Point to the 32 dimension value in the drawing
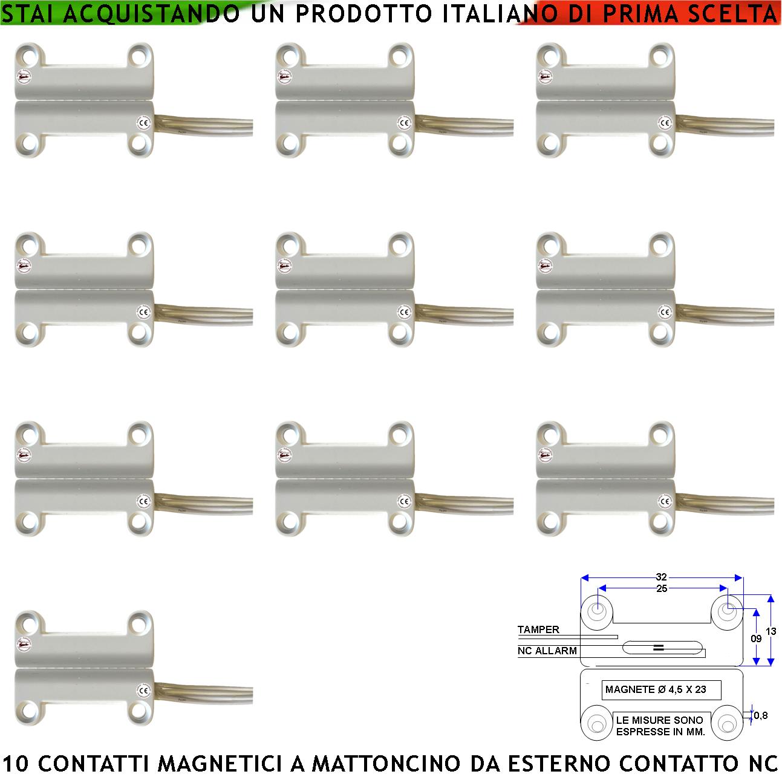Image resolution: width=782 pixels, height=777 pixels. click(661, 577)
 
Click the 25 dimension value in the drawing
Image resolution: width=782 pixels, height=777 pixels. click(661, 588)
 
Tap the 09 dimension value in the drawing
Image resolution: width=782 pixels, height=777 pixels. click(756, 639)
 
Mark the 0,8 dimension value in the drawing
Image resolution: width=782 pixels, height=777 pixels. click(761, 715)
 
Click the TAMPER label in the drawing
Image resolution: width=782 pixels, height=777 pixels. click(538, 629)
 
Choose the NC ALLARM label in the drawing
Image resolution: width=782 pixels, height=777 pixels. click(547, 651)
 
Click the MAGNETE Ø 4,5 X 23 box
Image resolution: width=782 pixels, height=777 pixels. click(655, 689)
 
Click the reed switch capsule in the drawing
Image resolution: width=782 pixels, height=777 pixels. click(663, 648)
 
